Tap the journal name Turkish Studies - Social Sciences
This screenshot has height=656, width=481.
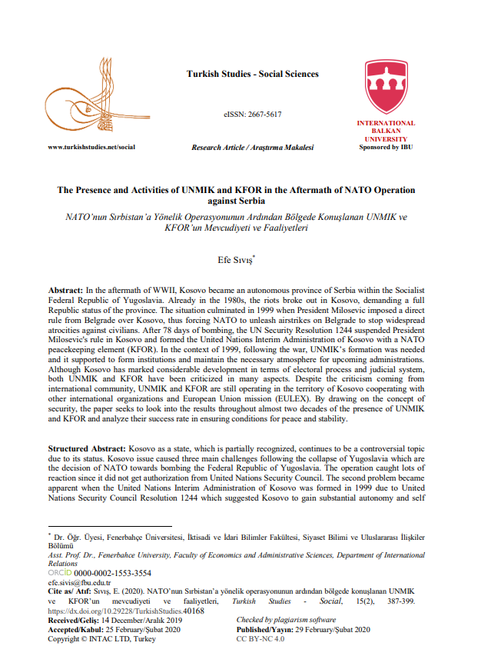point(252,75)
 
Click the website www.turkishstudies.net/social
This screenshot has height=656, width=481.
point(91,147)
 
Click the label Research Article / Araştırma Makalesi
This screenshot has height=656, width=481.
point(252,147)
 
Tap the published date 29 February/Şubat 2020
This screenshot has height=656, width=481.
point(324,629)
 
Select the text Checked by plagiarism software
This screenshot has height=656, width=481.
point(286,620)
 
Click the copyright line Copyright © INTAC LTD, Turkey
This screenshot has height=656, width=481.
point(103,638)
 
